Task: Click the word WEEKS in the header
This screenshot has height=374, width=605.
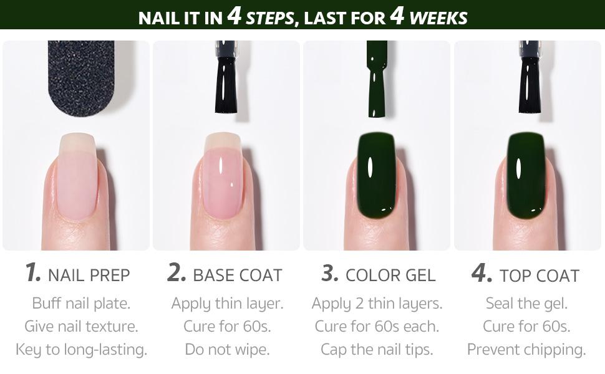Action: [x=439, y=17]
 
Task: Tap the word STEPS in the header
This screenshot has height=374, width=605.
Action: [x=269, y=17]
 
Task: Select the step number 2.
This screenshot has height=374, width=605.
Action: [x=177, y=273]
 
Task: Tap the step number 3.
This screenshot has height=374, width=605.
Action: [x=330, y=273]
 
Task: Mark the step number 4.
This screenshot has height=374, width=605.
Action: [x=482, y=273]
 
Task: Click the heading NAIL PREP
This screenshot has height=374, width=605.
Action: [x=89, y=275]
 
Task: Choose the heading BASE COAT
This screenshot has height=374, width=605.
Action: [x=238, y=275]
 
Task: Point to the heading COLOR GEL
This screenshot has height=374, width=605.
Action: [x=390, y=275]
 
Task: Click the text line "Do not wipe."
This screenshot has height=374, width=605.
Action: [x=227, y=349]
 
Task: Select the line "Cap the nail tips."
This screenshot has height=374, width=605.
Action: [x=377, y=349]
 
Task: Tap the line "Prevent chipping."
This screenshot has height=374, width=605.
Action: [x=526, y=349]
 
